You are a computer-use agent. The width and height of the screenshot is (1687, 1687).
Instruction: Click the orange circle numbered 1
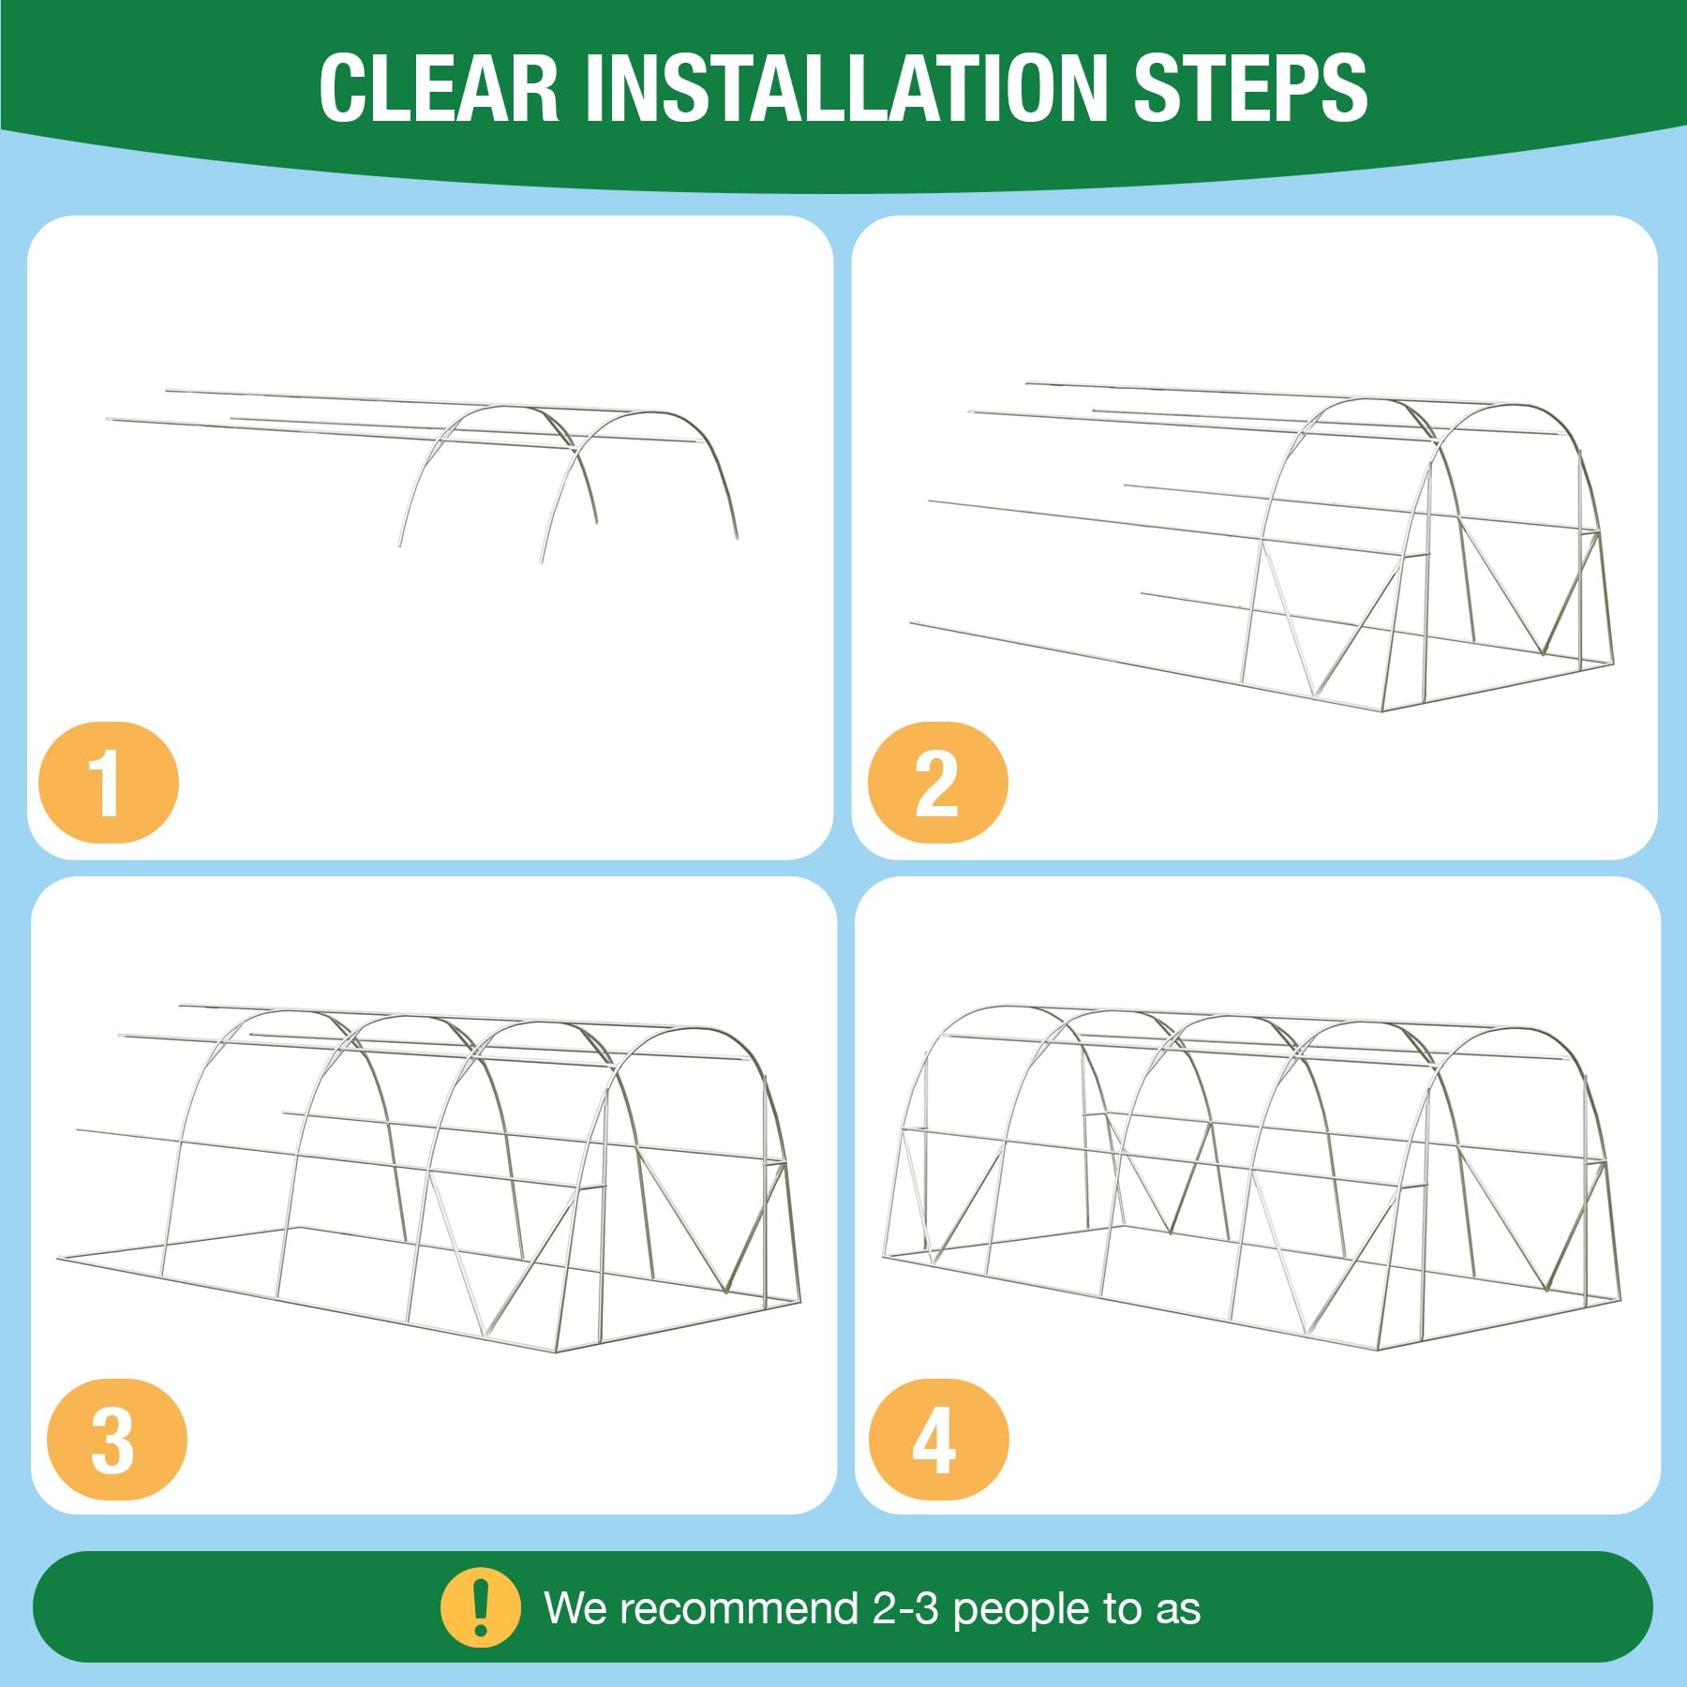(x=109, y=782)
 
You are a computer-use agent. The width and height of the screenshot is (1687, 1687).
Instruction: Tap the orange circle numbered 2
(x=938, y=782)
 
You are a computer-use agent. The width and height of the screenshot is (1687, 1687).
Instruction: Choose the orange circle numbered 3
(x=117, y=1440)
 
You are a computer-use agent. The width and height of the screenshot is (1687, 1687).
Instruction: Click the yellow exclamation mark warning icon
(x=481, y=1607)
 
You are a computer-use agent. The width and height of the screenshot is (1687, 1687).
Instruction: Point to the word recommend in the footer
(x=739, y=1608)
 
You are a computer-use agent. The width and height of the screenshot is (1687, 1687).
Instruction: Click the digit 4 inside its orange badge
(x=934, y=1441)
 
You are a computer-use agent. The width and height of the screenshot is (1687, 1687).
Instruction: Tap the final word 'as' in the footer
(x=1178, y=1610)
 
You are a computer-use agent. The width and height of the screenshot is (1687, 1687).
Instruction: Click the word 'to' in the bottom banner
(x=1122, y=1608)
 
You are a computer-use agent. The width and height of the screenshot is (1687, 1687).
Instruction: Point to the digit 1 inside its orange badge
(x=105, y=783)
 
